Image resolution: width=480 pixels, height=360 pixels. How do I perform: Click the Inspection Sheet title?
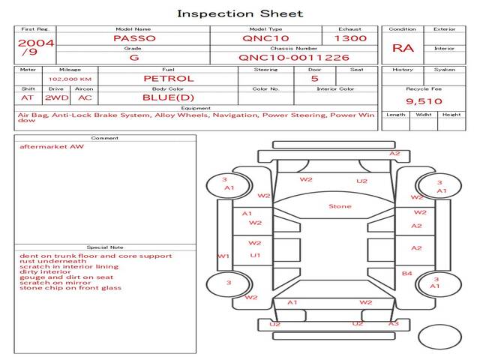coord(240,13)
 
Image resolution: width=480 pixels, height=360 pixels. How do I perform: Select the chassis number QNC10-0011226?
coord(294,57)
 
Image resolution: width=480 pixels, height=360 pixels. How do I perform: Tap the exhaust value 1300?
coord(350,37)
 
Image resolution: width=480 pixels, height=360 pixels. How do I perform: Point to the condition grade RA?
coord(403,48)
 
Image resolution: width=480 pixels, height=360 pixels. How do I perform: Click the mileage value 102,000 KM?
coord(70,78)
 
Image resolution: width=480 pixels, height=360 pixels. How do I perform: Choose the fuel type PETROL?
coord(168,78)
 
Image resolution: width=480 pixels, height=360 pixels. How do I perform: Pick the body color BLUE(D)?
coord(168,97)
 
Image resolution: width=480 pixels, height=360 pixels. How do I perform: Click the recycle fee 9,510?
coord(424,101)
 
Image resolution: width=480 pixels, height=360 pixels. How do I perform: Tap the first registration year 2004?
coord(35,43)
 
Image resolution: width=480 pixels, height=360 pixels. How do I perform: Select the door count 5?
coord(314,78)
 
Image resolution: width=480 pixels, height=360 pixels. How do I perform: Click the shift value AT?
coord(27,97)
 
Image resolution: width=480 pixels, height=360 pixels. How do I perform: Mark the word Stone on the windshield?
coord(340,206)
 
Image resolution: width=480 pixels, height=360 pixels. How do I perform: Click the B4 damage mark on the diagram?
coord(407,274)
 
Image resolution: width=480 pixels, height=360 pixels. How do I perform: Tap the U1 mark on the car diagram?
coord(255,256)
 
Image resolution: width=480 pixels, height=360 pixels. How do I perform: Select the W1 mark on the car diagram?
coord(223,256)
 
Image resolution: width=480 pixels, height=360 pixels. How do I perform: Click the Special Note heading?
coord(104,247)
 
